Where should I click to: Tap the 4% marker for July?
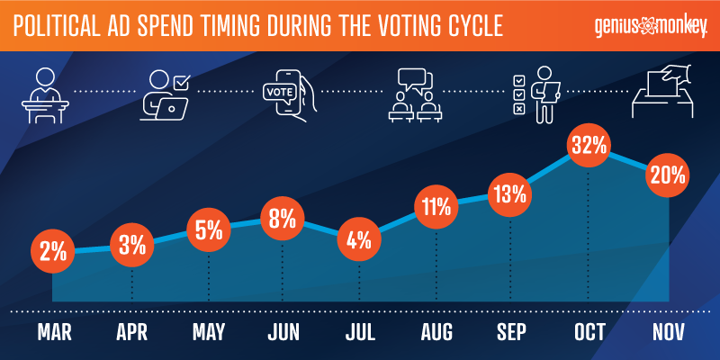click(x=360, y=241)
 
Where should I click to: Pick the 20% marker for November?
click(x=668, y=174)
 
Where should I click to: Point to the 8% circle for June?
click(x=283, y=219)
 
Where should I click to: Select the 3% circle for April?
click(x=132, y=245)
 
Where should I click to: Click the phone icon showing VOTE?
click(x=285, y=93)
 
